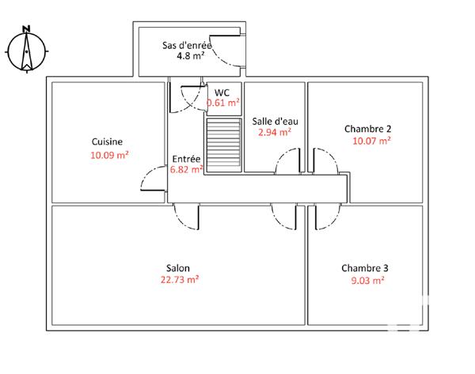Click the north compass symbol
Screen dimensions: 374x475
pos(26,49)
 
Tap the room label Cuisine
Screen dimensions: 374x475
pos(107,142)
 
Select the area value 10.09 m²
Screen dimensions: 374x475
pos(109,155)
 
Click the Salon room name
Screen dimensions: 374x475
pos(177,267)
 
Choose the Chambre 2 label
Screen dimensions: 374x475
pos(368,128)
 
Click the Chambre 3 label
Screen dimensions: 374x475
pos(365,267)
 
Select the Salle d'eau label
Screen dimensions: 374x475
pos(275,122)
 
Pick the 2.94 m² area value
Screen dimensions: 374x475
pos(274,133)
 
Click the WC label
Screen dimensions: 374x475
pos(222,92)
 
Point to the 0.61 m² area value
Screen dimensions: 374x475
pos(222,103)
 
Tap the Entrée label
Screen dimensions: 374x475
pos(187,158)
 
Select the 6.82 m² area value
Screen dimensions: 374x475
pos(187,168)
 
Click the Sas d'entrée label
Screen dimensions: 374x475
pos(188,45)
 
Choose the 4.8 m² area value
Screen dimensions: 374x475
pos(190,57)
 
